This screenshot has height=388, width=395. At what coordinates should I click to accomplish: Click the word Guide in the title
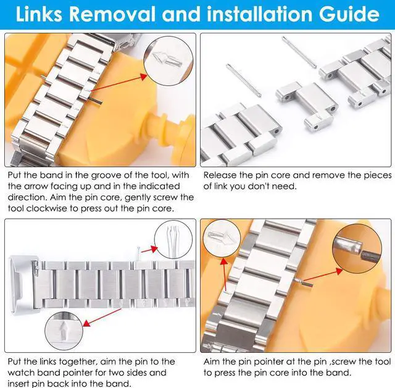[349, 15]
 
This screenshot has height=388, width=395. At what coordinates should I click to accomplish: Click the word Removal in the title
[112, 14]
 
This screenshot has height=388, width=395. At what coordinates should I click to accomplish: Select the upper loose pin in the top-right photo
[299, 52]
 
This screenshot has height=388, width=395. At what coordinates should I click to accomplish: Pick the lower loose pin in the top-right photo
[244, 80]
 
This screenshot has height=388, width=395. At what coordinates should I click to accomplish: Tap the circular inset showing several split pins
[173, 242]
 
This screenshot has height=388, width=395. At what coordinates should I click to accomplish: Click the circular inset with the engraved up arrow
[64, 331]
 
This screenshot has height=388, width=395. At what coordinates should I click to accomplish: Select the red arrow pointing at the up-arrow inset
[102, 317]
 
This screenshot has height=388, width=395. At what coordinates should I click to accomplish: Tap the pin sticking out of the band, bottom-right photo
[303, 283]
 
